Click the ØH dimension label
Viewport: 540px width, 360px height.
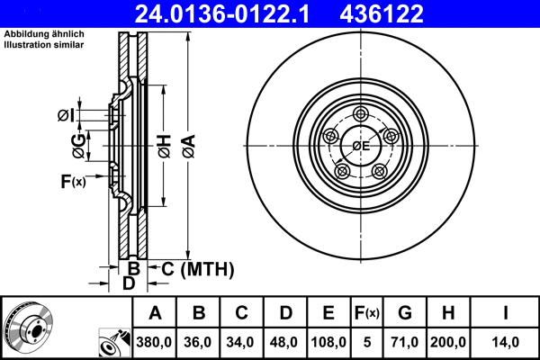point(164,145)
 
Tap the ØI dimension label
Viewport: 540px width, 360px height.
point(65,113)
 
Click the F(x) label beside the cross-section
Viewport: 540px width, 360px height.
point(72,182)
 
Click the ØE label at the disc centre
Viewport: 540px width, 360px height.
point(362,145)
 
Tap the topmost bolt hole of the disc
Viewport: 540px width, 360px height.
point(362,114)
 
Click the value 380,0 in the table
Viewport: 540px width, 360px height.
point(155,341)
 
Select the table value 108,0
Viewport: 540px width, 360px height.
point(328,341)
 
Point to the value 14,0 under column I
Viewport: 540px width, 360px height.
point(507,341)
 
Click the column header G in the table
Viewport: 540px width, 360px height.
point(405,313)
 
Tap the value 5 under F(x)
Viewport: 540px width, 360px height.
point(367,341)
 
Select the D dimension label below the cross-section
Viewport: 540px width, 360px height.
point(129,283)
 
